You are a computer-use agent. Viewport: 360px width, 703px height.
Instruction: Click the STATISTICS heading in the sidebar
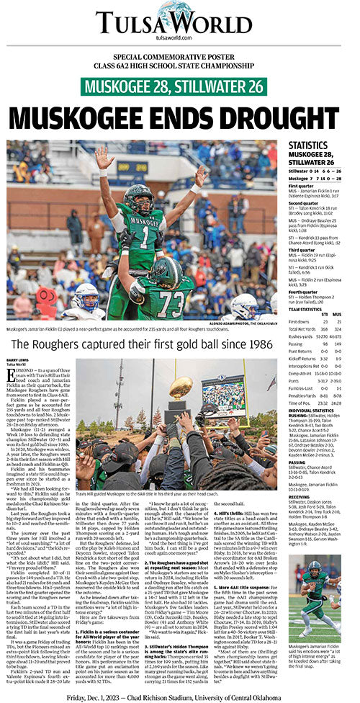click(307, 145)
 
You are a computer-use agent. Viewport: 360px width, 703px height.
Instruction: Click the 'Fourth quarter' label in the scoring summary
click(302, 291)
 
